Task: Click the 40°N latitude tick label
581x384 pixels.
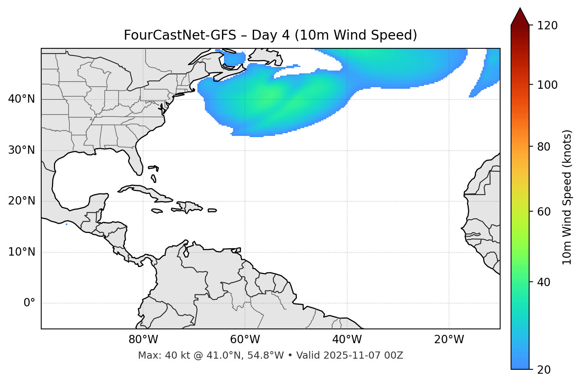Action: [x=21, y=99]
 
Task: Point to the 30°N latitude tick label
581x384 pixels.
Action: [x=21, y=150]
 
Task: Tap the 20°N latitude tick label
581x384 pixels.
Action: [x=21, y=201]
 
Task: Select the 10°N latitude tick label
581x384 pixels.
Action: [x=21, y=252]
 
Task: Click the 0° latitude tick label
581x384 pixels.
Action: [x=29, y=303]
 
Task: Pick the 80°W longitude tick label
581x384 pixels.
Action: [x=143, y=340]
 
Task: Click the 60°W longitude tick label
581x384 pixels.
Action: [x=245, y=340]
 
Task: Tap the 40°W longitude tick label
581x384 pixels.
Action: [x=347, y=340]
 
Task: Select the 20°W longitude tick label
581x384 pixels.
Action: [x=449, y=340]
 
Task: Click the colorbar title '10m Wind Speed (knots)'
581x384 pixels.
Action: [x=567, y=197]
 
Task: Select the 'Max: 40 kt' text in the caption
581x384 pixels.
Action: [x=157, y=355]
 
